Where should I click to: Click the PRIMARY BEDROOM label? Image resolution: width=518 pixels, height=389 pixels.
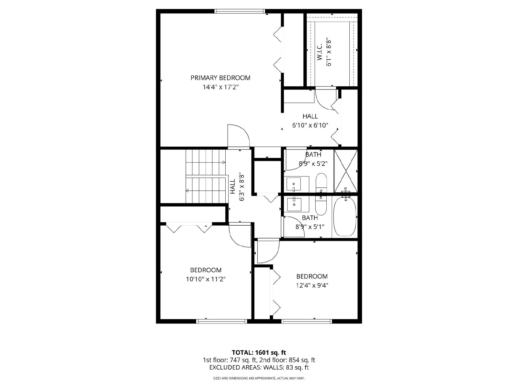click(x=220, y=78)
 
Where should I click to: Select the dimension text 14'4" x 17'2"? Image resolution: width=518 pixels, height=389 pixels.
click(x=221, y=87)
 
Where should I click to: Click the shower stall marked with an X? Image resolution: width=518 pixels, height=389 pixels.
click(x=346, y=171)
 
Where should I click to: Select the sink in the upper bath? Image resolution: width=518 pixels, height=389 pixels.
click(x=294, y=184)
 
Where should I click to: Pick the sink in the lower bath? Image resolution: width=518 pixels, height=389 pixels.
click(x=294, y=205)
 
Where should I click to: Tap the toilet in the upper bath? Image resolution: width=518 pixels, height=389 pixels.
click(x=321, y=183)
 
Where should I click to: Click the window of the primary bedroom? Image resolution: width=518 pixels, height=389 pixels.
click(x=240, y=11)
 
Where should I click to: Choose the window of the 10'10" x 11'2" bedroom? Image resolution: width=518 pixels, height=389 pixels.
click(x=221, y=321)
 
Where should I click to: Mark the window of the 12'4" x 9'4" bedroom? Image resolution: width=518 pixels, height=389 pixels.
click(x=307, y=321)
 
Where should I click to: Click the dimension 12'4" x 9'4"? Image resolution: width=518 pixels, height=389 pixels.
click(x=312, y=286)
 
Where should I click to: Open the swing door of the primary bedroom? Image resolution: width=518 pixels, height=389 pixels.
click(x=238, y=136)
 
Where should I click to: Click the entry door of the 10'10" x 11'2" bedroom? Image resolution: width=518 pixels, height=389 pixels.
click(x=240, y=235)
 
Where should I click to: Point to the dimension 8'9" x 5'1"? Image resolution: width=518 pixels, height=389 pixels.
click(x=310, y=227)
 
